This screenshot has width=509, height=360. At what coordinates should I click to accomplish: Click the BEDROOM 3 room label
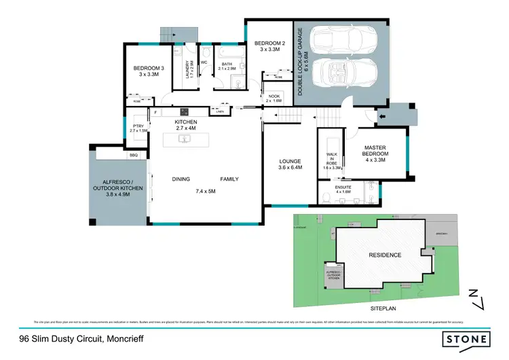[149, 69]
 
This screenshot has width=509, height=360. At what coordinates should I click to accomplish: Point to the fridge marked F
[155, 111]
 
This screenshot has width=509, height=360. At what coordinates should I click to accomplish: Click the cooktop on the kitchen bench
[183, 111]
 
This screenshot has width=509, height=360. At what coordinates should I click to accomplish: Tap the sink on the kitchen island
[183, 139]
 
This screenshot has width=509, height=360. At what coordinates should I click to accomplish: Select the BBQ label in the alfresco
[133, 156]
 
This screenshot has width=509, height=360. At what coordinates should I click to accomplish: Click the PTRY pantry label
[138, 126]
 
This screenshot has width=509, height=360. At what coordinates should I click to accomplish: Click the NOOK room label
[274, 96]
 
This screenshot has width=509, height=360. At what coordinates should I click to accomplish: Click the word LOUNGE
[290, 162]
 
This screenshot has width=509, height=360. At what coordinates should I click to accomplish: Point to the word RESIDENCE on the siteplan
[385, 255]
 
